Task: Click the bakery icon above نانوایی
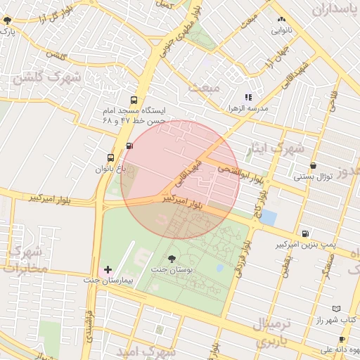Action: tap(282, 20)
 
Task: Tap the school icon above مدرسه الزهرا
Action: tap(247, 97)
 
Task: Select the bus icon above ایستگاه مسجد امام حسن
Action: tap(134, 101)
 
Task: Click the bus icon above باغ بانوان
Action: tap(110, 157)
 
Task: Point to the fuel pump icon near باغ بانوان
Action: tap(128, 146)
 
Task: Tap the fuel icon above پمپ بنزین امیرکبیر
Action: tap(304, 234)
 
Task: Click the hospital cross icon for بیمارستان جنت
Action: tap(108, 269)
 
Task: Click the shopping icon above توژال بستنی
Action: tap(313, 166)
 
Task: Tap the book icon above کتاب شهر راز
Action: tap(335, 309)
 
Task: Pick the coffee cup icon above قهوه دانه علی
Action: tap(342, 339)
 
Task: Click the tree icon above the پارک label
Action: tap(8, 20)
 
